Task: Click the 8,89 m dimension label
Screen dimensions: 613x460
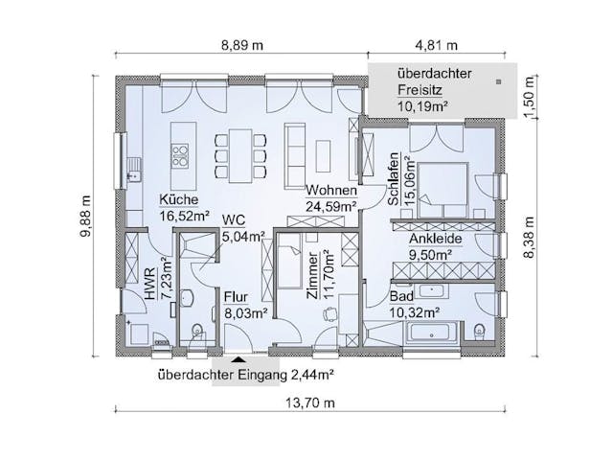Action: [242, 45]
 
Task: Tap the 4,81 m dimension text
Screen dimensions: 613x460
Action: [437, 45]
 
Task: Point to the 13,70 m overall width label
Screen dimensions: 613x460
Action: [310, 402]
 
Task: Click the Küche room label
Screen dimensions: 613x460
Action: [179, 199]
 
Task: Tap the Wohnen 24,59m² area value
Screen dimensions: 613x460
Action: [330, 207]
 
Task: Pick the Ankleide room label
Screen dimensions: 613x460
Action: [436, 239]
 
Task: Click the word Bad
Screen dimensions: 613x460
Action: [401, 297]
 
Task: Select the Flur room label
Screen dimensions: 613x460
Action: [236, 297]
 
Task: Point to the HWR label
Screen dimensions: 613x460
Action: [150, 284]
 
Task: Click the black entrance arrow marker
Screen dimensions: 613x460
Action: [239, 358]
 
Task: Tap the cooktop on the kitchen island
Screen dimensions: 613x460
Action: [180, 154]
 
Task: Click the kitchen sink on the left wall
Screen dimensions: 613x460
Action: [134, 169]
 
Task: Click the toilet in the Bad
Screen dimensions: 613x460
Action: [478, 333]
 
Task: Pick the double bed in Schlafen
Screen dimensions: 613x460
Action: [443, 190]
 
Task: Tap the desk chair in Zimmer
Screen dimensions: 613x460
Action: [330, 313]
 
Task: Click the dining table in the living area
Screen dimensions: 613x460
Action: [240, 155]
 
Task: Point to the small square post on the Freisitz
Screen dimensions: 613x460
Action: [498, 81]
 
